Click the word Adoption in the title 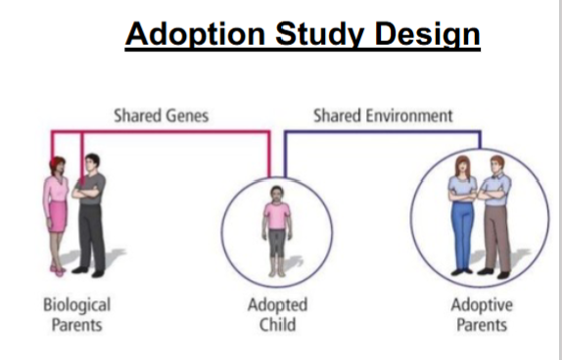coord(196,34)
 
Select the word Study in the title coord(320,35)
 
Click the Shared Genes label coord(162,116)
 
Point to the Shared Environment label coord(383,116)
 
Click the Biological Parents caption coord(76,315)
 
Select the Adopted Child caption coord(277,315)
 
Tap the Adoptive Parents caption coord(482,315)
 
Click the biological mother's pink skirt coord(58,216)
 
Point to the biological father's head coord(92,162)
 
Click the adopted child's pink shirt coord(277,215)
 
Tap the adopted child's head coord(277,194)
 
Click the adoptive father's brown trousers coord(497,239)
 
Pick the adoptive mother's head coord(462,165)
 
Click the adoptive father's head coord(497,165)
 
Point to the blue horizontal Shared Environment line coord(383,132)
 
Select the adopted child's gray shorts coord(277,243)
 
